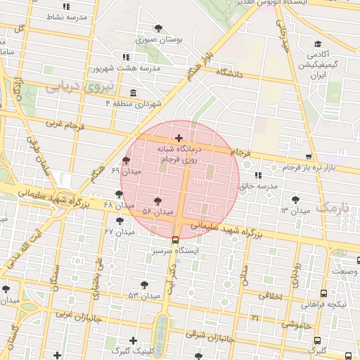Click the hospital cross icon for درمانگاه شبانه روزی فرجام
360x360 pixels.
(x=179, y=138)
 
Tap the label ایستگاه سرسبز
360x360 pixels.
(x=176, y=250)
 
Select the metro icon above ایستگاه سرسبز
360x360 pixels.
(x=176, y=239)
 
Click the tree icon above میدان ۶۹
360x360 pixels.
(x=127, y=160)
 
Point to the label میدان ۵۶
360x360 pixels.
(x=157, y=211)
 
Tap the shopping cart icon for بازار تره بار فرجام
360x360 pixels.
(x=309, y=157)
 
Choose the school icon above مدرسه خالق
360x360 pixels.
(x=259, y=175)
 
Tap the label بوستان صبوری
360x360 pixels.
(x=161, y=40)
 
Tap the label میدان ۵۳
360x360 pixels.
(x=144, y=296)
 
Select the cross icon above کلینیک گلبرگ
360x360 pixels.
(x=133, y=340)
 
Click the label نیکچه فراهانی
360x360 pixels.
(x=324, y=304)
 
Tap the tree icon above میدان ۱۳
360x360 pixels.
(x=296, y=200)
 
